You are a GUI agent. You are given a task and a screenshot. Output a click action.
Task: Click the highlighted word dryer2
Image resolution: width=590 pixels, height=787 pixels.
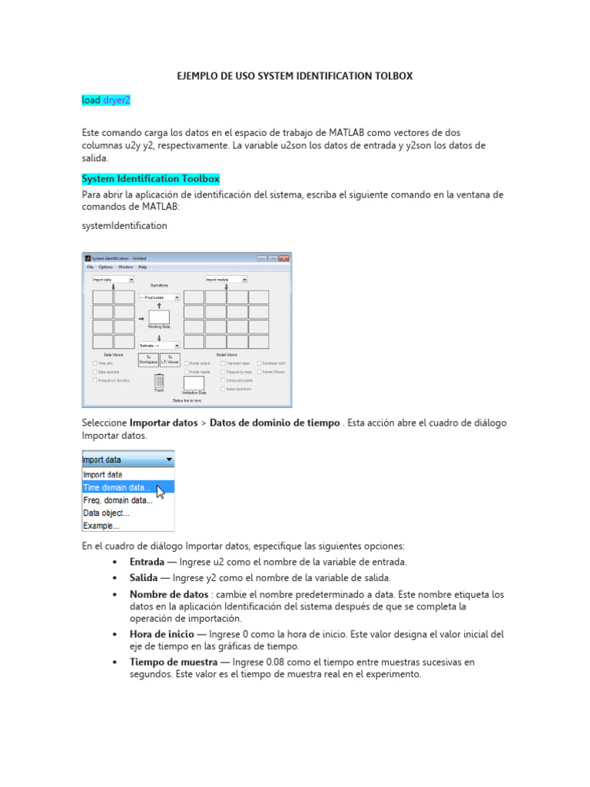tap(117, 100)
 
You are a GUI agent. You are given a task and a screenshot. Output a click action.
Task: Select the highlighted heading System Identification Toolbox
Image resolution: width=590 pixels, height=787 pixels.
tap(151, 179)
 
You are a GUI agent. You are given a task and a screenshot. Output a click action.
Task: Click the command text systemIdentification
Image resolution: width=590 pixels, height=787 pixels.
tap(124, 226)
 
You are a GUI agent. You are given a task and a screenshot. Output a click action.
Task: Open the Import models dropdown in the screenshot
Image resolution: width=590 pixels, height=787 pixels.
tap(226, 280)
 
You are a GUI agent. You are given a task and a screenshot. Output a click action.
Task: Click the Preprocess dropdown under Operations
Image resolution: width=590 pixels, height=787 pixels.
tap(158, 297)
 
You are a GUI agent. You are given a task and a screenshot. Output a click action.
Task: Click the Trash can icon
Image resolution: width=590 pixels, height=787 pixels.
tap(159, 380)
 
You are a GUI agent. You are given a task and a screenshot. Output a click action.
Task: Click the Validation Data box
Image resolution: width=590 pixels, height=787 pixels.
tap(194, 383)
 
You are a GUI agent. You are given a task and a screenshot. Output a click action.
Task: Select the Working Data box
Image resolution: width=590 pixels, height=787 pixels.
tap(159, 317)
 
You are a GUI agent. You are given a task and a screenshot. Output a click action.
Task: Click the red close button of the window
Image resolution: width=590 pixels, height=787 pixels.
tap(284, 258)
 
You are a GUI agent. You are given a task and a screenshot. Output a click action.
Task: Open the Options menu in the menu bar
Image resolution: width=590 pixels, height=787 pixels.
tap(105, 267)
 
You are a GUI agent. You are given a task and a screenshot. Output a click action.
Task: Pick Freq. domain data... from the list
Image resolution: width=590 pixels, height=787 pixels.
tap(118, 500)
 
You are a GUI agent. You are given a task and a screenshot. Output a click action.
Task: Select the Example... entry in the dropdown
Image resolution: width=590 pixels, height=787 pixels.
tap(101, 526)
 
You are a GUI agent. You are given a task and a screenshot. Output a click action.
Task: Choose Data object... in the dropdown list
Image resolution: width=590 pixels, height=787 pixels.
tap(106, 513)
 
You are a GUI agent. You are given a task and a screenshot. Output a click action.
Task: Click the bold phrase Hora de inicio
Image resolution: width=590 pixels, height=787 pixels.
tap(162, 634)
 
